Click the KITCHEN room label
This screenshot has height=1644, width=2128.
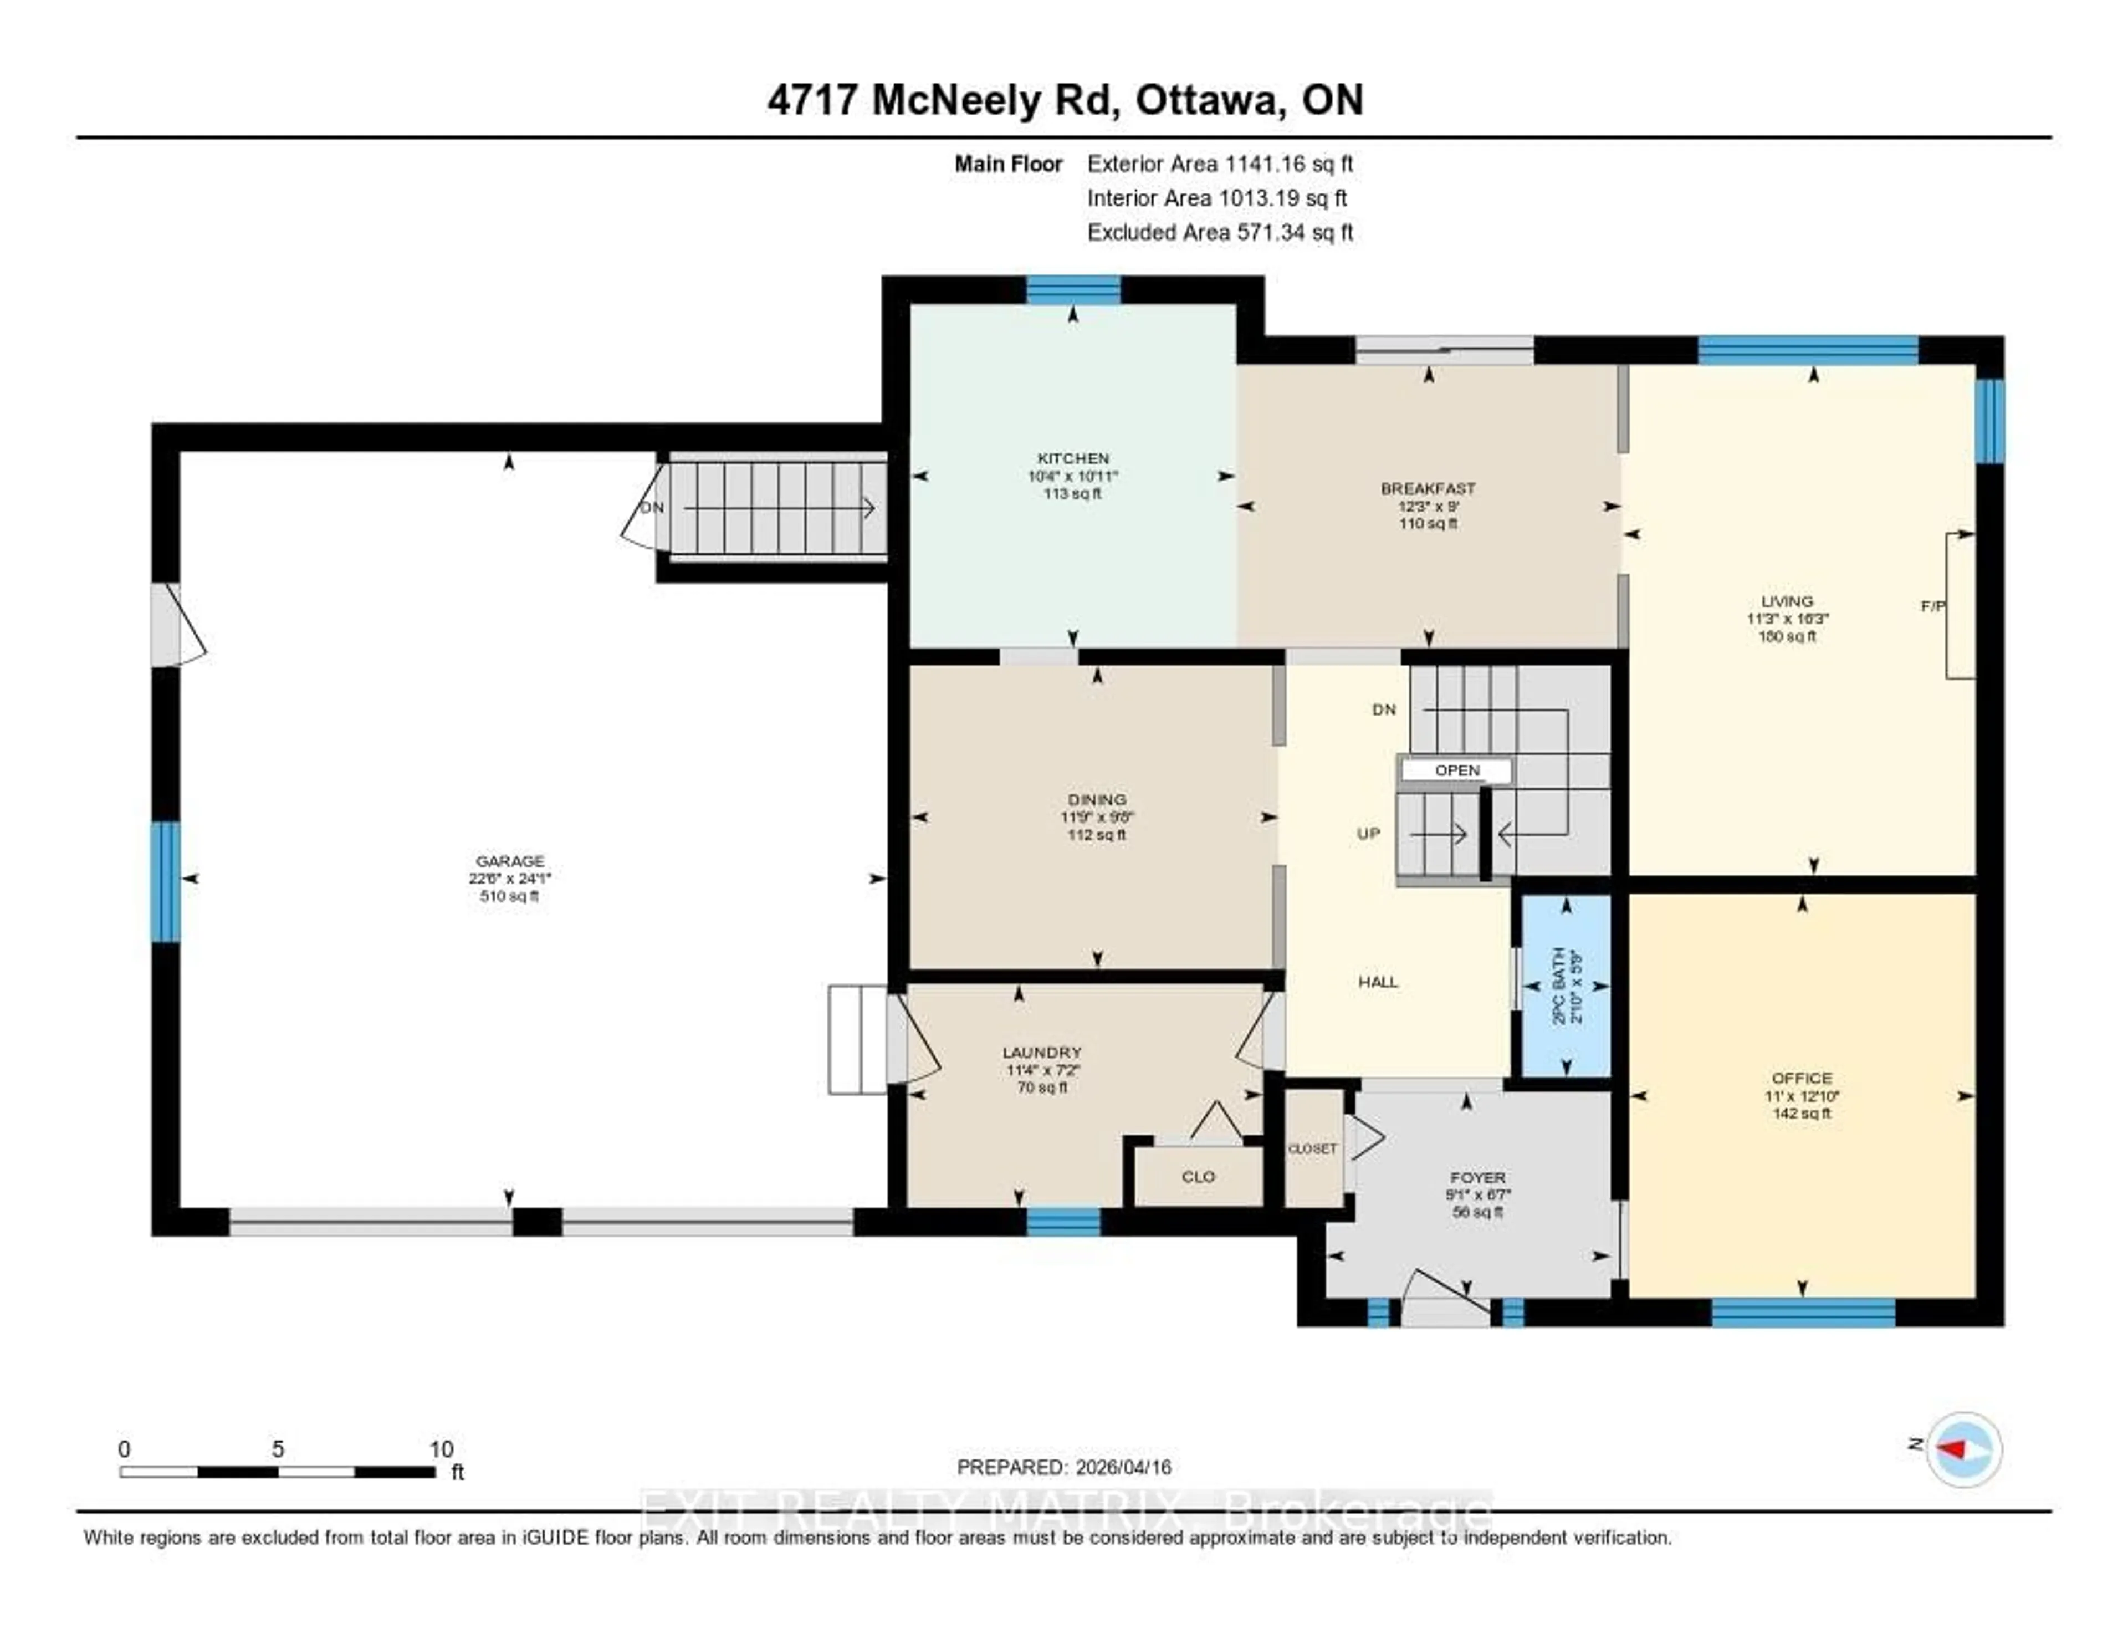tap(1073, 458)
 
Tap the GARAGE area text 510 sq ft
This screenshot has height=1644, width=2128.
tap(509, 896)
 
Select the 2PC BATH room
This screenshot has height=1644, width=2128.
tap(1566, 985)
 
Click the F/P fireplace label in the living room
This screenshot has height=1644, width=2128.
tap(1932, 606)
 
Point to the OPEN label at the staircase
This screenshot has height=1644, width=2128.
tap(1457, 770)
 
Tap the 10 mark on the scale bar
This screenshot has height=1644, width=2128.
tap(441, 1449)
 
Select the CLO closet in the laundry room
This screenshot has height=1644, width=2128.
tap(1198, 1176)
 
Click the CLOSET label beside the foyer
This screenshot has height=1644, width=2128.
tap(1312, 1149)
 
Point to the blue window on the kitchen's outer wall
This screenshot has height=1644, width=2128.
tap(1073, 289)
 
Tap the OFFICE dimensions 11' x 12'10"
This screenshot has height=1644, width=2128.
tap(1802, 1095)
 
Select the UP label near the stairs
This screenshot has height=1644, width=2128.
tap(1368, 833)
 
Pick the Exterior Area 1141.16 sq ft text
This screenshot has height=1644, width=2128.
tap(1220, 164)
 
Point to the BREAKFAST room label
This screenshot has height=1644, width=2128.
tap(1428, 488)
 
